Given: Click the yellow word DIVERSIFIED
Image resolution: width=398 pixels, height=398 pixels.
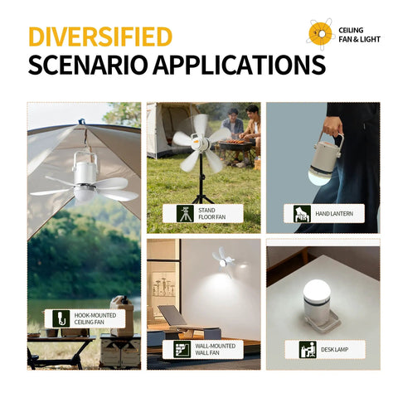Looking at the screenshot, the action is (x=100, y=36).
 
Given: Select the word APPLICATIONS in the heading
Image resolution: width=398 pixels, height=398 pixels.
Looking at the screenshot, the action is (x=240, y=65).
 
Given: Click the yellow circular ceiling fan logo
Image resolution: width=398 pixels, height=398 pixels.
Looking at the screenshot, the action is (x=320, y=34).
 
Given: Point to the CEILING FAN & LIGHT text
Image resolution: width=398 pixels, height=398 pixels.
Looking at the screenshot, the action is (x=359, y=35).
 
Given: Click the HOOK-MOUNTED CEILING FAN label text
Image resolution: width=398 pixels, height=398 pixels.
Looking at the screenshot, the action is (x=95, y=318).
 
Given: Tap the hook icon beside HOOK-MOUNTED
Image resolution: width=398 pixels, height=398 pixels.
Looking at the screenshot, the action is (x=61, y=318).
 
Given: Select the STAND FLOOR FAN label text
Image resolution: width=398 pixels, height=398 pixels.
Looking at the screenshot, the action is (x=212, y=214).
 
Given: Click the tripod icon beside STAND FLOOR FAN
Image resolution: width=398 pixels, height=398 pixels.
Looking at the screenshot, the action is (x=185, y=213).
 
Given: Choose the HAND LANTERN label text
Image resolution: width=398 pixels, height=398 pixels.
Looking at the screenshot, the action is (x=334, y=214).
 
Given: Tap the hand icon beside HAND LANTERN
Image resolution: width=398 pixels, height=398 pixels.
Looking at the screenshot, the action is (x=302, y=214).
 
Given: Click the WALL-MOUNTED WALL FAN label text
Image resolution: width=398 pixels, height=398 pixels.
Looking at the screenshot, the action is (x=216, y=349).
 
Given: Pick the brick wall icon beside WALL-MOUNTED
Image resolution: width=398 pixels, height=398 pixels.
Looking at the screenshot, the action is (x=182, y=349).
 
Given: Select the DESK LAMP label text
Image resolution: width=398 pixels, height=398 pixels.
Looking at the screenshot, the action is (x=334, y=350).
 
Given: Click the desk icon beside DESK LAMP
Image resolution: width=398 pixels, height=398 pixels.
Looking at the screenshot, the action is (x=308, y=349).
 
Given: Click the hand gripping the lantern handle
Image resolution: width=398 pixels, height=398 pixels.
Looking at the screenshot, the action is (x=332, y=127).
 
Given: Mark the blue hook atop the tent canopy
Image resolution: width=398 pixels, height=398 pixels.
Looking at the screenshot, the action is (x=81, y=121).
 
